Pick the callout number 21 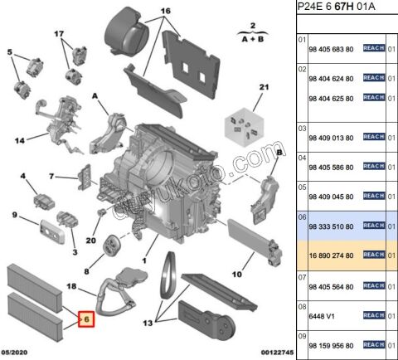tap(264, 87)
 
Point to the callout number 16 tap(165, 11)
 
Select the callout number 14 tap(18, 140)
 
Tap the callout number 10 tap(235, 274)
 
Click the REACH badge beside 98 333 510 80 tap(374, 225)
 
